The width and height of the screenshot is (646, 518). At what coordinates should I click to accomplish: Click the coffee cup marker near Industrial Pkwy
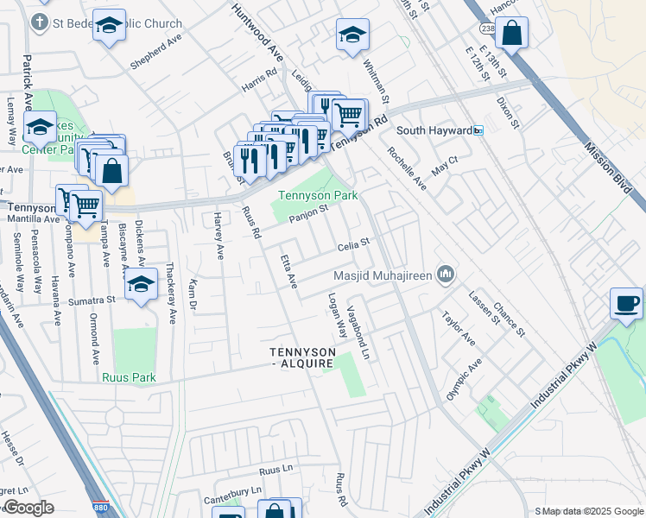coord(627,303)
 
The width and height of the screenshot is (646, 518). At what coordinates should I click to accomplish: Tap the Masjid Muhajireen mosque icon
coord(446,275)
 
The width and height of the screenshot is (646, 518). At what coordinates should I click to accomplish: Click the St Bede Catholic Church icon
coord(39,22)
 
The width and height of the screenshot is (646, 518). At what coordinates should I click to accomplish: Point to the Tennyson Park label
coord(317,195)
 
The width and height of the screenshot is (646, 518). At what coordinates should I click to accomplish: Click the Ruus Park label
coord(128,377)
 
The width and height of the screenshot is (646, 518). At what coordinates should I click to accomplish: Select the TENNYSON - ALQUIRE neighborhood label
coord(301,358)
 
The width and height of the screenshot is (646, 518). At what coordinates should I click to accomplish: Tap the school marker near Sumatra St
coord(141,284)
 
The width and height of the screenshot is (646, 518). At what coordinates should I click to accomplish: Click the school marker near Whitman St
coord(351,35)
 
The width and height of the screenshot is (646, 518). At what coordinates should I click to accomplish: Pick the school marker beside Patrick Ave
coord(40,127)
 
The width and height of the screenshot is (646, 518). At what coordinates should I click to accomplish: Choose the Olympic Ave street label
coord(465,378)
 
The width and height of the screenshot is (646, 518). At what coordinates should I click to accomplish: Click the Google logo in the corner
coord(28,508)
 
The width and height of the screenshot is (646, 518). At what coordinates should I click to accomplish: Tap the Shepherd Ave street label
coord(156,53)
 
